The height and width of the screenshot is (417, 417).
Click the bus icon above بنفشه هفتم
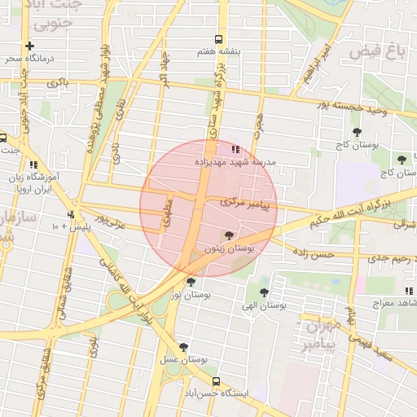[217, 39]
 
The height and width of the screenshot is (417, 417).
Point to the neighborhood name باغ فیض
[377, 52]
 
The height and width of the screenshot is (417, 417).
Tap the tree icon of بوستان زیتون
[227, 235]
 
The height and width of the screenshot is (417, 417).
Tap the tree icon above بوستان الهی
[263, 292]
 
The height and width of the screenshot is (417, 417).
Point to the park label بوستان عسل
[182, 360]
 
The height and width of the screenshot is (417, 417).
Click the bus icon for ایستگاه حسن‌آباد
[216, 381]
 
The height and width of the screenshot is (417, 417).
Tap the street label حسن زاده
[314, 255]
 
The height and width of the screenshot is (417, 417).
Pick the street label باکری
[57, 83]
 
